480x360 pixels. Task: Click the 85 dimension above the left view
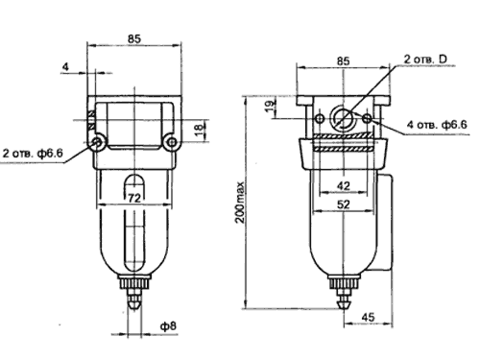[134, 38]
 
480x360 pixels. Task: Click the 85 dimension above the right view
[344, 60]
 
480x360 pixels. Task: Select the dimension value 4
[65, 67]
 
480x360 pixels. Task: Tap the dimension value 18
[199, 129]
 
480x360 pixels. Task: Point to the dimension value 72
[134, 199]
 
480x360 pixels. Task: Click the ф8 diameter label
[168, 326]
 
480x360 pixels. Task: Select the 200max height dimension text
[240, 203]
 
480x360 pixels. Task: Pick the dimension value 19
[271, 106]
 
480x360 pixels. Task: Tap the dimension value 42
[344, 185]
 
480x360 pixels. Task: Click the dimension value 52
[344, 204]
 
